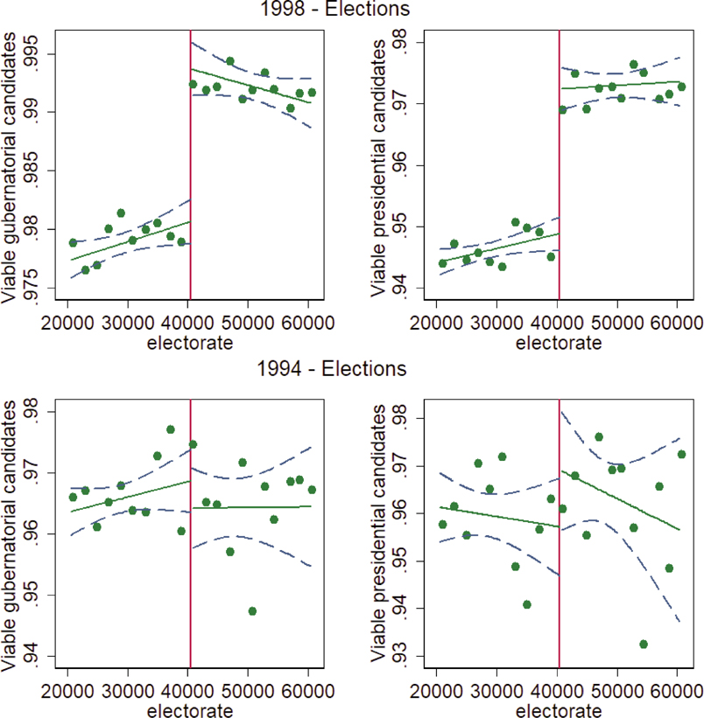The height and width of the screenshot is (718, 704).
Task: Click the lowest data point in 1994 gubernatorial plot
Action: [252, 610]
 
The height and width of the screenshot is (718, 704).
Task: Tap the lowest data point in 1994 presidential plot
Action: [644, 644]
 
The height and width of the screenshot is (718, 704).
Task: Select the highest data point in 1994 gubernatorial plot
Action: [171, 429]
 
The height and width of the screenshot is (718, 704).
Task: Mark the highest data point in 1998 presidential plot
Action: [634, 65]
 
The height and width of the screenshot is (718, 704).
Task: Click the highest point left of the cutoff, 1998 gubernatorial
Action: [121, 213]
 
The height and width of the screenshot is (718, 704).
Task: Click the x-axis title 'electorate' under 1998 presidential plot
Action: [558, 344]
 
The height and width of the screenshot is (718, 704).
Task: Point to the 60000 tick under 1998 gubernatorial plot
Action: [310, 324]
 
